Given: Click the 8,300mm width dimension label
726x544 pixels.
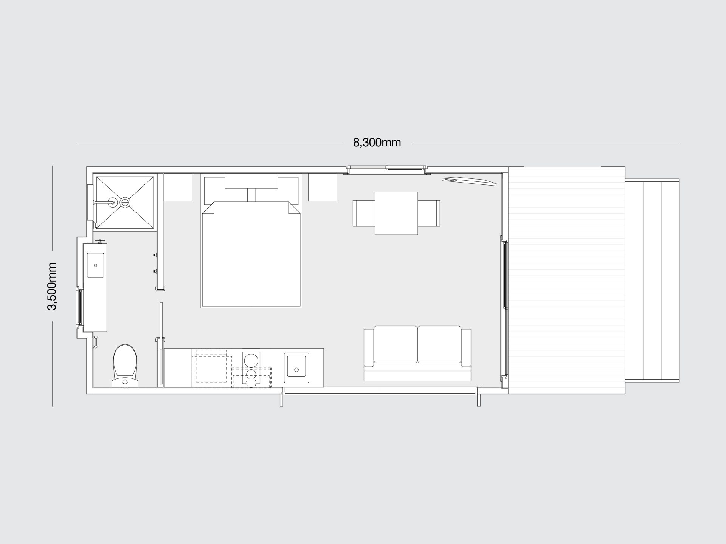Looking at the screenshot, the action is pyautogui.click(x=377, y=143).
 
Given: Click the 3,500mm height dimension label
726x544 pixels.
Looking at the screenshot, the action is pyautogui.click(x=52, y=286).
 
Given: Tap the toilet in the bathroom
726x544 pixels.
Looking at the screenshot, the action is pyautogui.click(x=125, y=366).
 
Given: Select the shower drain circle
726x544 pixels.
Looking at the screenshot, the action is pyautogui.click(x=125, y=203).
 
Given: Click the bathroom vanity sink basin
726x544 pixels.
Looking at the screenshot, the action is pyautogui.click(x=96, y=265).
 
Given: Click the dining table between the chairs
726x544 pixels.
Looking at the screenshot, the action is pyautogui.click(x=396, y=213).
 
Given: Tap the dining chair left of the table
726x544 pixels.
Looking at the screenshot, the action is pyautogui.click(x=364, y=213).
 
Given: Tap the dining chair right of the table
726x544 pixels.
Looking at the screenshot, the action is pyautogui.click(x=429, y=213).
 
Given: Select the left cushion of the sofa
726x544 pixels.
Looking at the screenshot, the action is pyautogui.click(x=396, y=344).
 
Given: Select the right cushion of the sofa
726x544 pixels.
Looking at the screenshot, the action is pyautogui.click(x=439, y=344).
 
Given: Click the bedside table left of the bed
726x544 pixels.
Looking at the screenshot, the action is pyautogui.click(x=178, y=187).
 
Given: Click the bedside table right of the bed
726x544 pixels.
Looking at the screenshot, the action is pyautogui.click(x=322, y=187).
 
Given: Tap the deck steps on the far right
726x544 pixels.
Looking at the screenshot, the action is pyautogui.click(x=652, y=286).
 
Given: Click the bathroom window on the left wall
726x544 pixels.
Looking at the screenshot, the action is pyautogui.click(x=79, y=307).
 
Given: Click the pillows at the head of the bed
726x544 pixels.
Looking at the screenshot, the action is pyautogui.click(x=251, y=181).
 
